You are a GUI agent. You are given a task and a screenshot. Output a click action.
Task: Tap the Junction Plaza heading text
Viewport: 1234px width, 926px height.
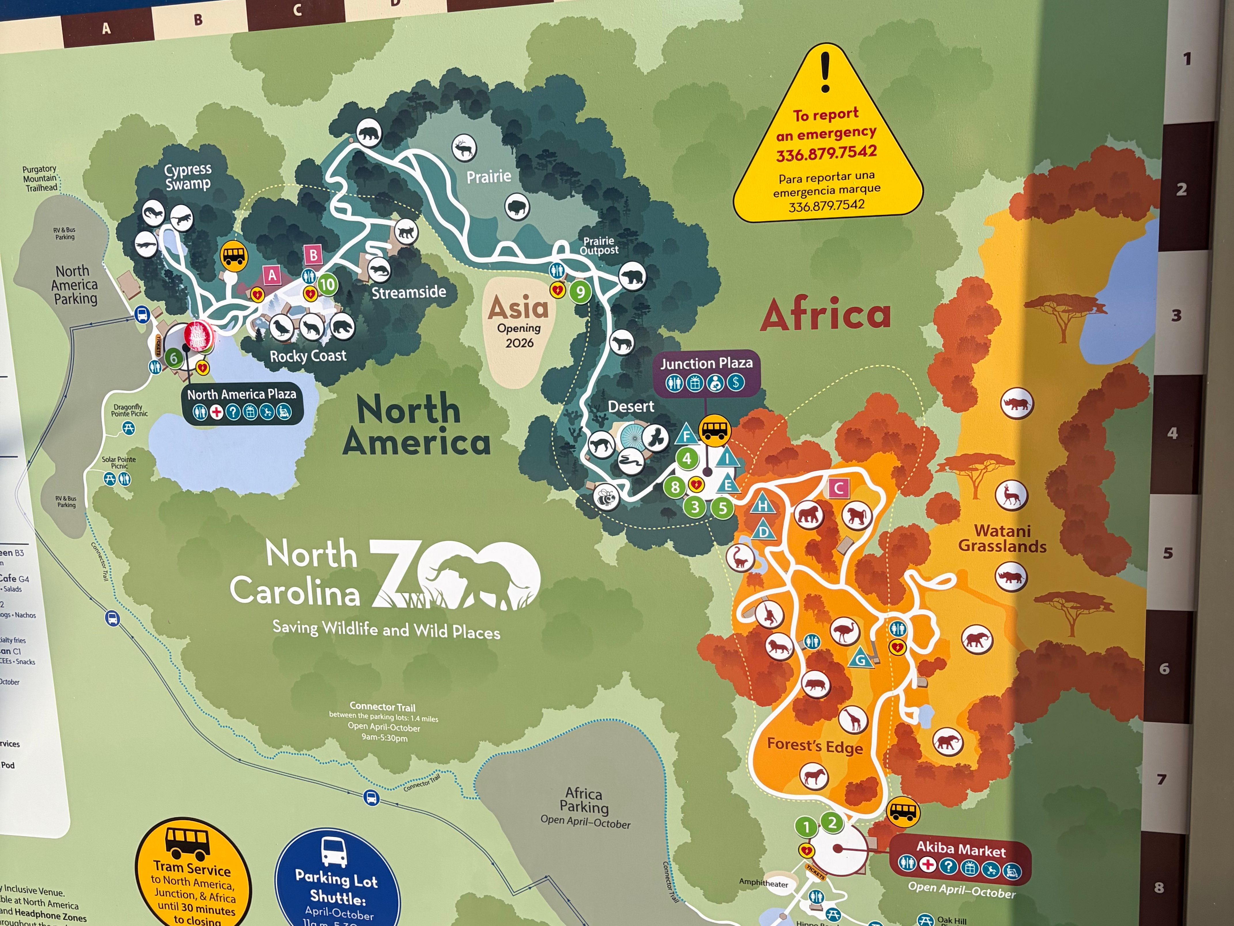coord(706,363)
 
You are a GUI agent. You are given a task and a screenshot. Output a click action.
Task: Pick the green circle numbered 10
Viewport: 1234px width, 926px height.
coord(327,285)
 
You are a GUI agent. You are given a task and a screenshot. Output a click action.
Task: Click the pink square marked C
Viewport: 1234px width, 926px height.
coord(838,489)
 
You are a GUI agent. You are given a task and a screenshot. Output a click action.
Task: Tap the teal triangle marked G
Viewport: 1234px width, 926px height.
coord(861,659)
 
